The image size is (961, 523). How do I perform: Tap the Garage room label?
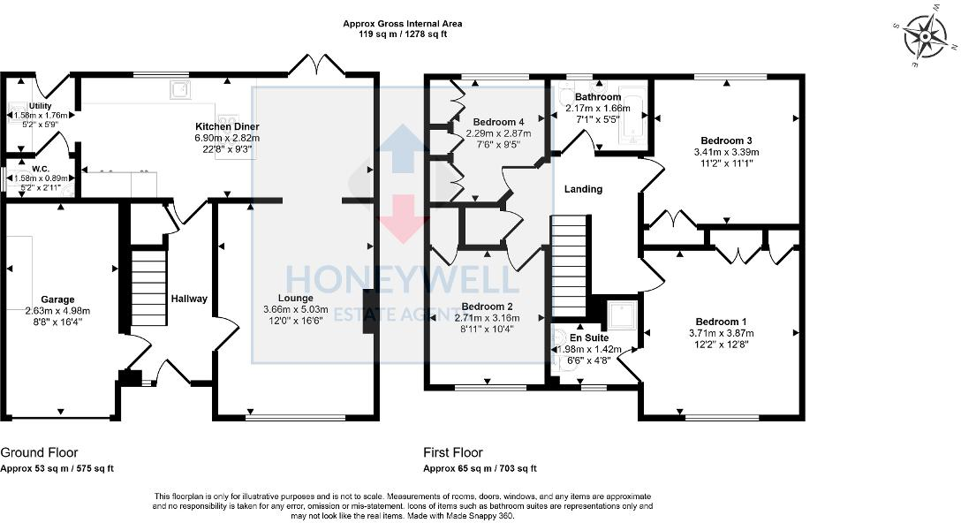click(57, 299)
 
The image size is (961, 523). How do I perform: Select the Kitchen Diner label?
click(216, 125)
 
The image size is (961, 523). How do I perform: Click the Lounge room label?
click(295, 299)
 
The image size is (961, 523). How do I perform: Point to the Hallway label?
click(189, 299)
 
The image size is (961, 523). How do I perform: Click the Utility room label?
click(40, 106)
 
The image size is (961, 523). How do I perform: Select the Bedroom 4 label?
click(498, 122)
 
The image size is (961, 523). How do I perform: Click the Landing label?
click(583, 189)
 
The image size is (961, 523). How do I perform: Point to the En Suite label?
click(588, 337)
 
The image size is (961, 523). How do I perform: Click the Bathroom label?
click(598, 97)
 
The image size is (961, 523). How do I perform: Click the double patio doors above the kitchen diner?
click(315, 65)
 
